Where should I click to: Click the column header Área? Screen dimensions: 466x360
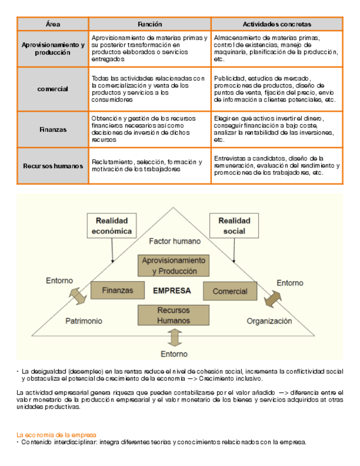click(x=53, y=24)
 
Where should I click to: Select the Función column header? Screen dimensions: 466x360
click(x=149, y=24)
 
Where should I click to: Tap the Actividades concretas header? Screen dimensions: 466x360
click(x=276, y=24)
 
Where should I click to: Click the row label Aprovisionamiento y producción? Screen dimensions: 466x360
click(x=53, y=48)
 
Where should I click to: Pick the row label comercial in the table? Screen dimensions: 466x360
click(x=53, y=89)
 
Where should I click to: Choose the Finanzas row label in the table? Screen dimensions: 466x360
click(x=53, y=130)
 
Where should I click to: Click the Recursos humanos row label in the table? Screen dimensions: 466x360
click(x=53, y=165)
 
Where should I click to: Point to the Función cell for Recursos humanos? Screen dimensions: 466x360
click(x=149, y=165)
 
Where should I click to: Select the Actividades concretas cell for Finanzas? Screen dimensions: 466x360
click(x=276, y=129)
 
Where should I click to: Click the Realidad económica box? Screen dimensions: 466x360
click(x=112, y=226)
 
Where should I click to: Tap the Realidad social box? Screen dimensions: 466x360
click(x=234, y=225)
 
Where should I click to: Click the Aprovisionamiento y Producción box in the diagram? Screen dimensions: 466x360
click(x=174, y=265)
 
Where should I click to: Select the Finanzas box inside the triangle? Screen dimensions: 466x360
click(x=117, y=290)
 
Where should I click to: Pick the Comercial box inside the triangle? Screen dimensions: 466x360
click(x=230, y=291)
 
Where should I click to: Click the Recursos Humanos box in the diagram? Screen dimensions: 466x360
click(x=174, y=315)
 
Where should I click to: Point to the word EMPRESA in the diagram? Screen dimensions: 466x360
click(x=173, y=291)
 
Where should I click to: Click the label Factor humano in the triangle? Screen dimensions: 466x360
click(x=175, y=241)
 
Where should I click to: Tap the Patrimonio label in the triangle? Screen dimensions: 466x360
click(x=84, y=320)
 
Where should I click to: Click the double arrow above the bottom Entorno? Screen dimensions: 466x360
click(x=174, y=336)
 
